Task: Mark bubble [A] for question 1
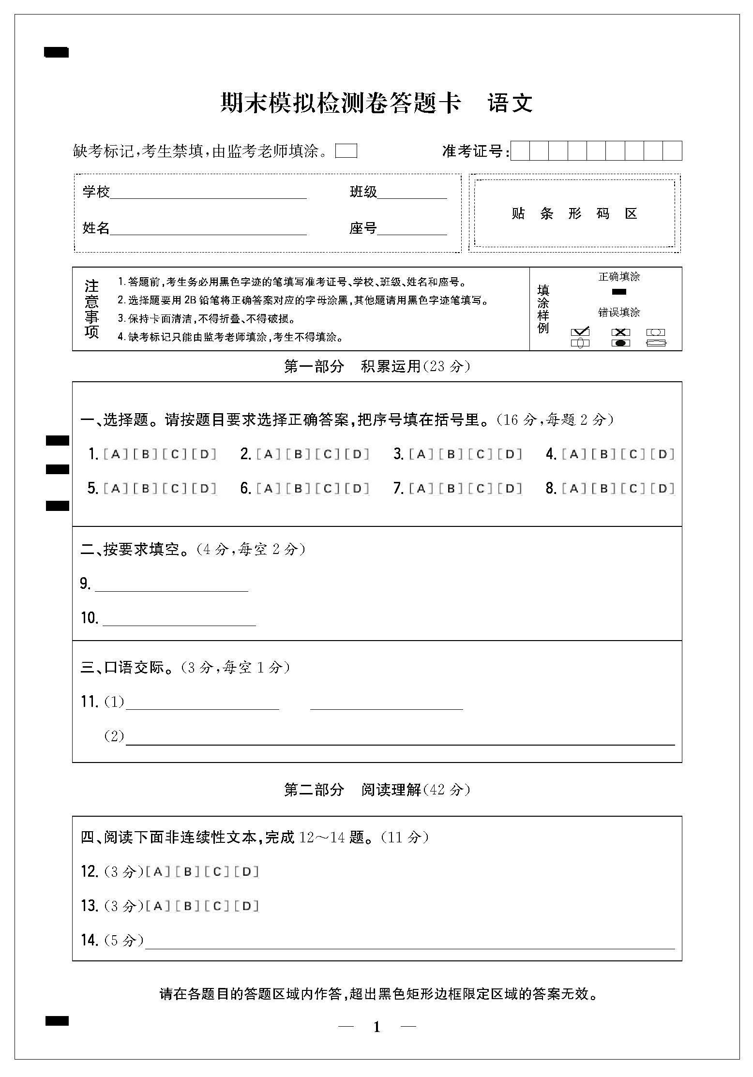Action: [x=115, y=454]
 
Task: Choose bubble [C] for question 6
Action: [x=328, y=489]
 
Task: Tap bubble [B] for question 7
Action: [x=451, y=489]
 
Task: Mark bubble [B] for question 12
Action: [x=188, y=872]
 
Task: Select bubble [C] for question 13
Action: [x=217, y=906]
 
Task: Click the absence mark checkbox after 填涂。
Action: [x=346, y=151]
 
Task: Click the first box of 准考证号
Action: [x=520, y=151]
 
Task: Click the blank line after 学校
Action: [x=208, y=194]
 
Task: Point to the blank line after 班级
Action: [x=412, y=194]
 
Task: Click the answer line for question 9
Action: [x=171, y=586]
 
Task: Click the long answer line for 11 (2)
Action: [x=400, y=740]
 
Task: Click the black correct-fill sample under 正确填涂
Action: [x=619, y=292]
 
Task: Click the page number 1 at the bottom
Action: [x=377, y=1027]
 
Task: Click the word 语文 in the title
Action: [x=510, y=103]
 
